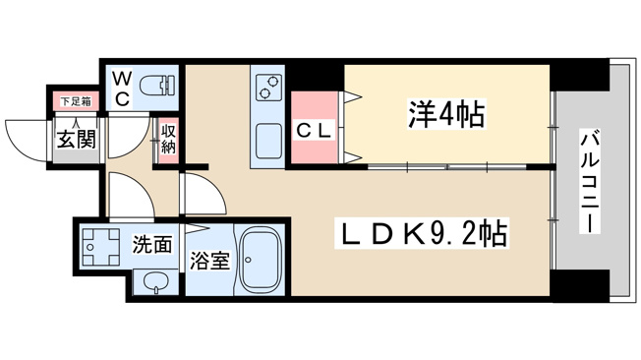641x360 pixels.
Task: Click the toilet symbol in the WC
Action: coord(157,87)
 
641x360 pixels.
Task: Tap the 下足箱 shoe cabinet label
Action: coord(76,101)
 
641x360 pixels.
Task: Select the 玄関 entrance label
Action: coord(76,139)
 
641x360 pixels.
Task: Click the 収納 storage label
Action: coord(168,139)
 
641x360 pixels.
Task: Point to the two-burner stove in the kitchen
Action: coord(268,87)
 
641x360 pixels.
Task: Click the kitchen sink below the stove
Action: coord(268,141)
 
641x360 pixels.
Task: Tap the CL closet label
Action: coord(314,131)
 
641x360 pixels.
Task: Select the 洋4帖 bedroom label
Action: coord(446,114)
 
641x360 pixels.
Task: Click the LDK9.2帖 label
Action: coord(422,233)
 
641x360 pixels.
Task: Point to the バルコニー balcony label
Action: coord(589,181)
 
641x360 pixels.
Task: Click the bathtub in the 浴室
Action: coord(261,259)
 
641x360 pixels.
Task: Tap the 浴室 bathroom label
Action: coord(209,261)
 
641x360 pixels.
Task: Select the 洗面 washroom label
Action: coord(152,244)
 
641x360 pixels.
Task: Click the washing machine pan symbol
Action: coord(101,247)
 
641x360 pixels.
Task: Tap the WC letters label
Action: coord(122,88)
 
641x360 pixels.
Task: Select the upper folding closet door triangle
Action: coord(352,97)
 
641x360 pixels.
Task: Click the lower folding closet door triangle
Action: coord(352,156)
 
